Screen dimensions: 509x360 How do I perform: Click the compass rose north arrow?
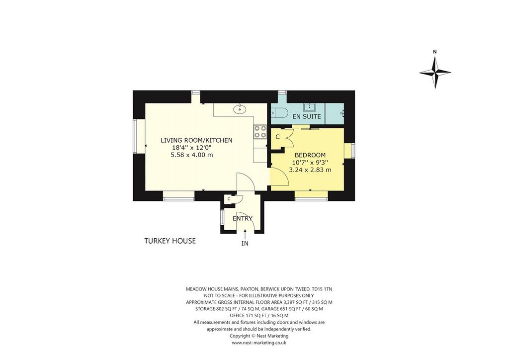click(435, 73)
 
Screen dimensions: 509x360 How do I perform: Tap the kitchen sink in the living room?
click(240, 109)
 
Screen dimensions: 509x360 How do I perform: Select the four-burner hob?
click(259, 131)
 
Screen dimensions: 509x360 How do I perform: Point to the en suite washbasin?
click(309, 107)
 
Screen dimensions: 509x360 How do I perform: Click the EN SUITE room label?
click(306, 116)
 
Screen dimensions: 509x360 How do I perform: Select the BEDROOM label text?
click(310, 155)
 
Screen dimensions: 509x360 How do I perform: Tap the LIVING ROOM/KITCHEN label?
click(196, 140)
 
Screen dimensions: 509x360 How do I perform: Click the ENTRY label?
click(243, 218)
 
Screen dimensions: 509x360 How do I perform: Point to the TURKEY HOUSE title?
click(170, 241)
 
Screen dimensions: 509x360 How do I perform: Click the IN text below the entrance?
click(245, 244)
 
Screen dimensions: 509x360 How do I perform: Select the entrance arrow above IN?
click(245, 234)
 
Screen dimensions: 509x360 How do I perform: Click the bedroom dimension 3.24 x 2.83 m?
click(310, 170)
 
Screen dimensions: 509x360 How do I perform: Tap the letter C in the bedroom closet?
click(277, 137)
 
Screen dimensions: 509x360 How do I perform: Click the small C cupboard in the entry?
click(229, 199)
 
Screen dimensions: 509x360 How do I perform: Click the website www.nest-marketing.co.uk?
click(258, 343)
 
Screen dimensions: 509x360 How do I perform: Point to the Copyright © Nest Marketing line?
click(258, 336)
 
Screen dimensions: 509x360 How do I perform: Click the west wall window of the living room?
click(135, 136)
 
